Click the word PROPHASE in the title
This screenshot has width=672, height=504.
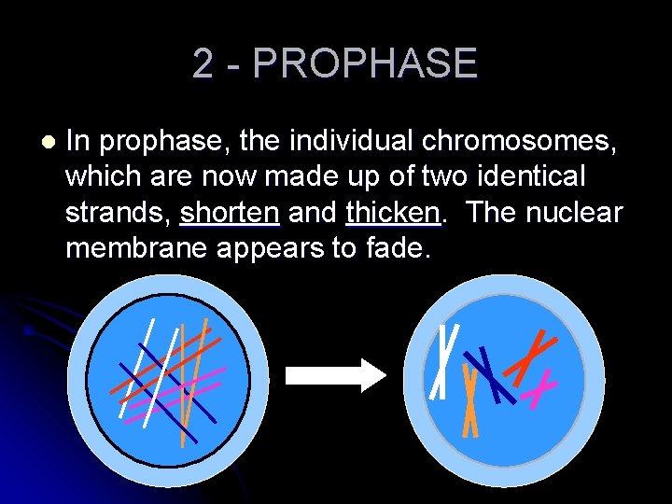point(365,63)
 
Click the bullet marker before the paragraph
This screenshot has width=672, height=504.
point(48,143)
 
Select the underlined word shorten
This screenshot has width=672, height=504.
point(231,213)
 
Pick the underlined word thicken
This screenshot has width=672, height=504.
point(392,213)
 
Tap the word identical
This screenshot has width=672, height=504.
point(533,176)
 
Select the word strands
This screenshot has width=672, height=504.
point(117,213)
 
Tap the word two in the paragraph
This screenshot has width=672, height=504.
point(443,176)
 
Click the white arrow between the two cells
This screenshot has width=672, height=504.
point(333,374)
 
